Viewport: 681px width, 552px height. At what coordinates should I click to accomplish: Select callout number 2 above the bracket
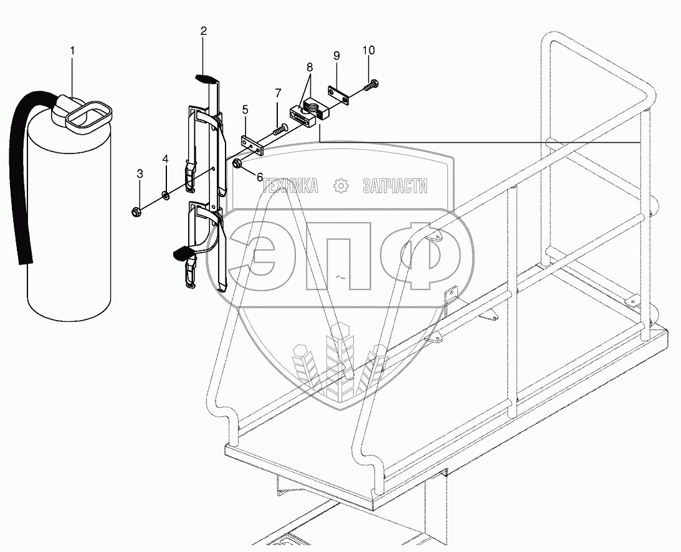pyautogui.click(x=203, y=30)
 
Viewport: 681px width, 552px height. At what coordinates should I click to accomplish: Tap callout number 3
pyautogui.click(x=140, y=174)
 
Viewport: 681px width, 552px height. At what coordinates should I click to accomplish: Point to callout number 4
pyautogui.click(x=165, y=159)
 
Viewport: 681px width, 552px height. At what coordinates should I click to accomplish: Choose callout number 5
pyautogui.click(x=246, y=111)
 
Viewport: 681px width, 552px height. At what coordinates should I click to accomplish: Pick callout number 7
pyautogui.click(x=278, y=94)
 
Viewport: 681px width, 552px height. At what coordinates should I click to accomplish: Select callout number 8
pyautogui.click(x=310, y=67)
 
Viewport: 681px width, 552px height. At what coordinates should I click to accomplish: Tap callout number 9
pyautogui.click(x=336, y=56)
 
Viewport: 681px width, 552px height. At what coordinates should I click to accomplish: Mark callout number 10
pyautogui.click(x=368, y=50)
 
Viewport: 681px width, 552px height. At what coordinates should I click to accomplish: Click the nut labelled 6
pyautogui.click(x=238, y=163)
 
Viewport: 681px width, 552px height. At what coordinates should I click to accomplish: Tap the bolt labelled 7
pyautogui.click(x=278, y=131)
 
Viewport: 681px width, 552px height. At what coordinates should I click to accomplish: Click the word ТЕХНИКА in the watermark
pyautogui.click(x=291, y=185)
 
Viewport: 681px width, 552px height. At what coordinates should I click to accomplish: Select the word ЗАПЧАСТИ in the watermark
pyautogui.click(x=394, y=185)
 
